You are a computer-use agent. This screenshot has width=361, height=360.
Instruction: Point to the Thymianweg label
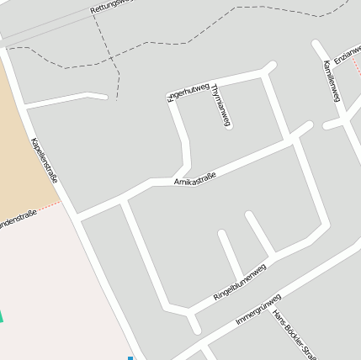tap(220, 106)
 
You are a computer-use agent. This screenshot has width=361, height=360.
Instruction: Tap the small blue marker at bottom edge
tap(130, 357)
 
